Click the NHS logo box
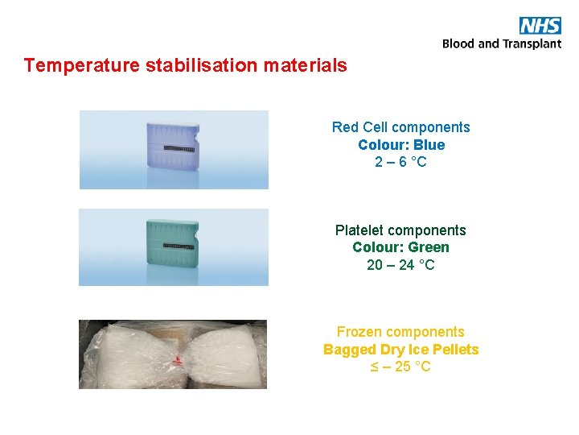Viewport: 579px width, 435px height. (x=540, y=25)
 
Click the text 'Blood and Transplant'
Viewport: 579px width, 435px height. (x=502, y=43)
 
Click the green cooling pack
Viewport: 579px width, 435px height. (x=173, y=246)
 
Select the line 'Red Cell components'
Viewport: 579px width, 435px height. (x=400, y=127)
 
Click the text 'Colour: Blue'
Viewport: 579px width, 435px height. (x=400, y=145)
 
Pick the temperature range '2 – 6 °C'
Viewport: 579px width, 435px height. (x=400, y=162)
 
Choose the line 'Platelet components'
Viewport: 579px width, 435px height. (x=400, y=230)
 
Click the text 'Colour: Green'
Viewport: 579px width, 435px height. (x=400, y=247)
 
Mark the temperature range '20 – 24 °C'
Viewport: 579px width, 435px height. (x=400, y=265)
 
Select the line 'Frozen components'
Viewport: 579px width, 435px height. (x=400, y=332)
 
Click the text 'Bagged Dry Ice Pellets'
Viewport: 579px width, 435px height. (x=400, y=350)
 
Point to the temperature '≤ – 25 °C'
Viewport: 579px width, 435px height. (x=400, y=367)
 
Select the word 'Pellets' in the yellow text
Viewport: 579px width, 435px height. (x=456, y=350)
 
